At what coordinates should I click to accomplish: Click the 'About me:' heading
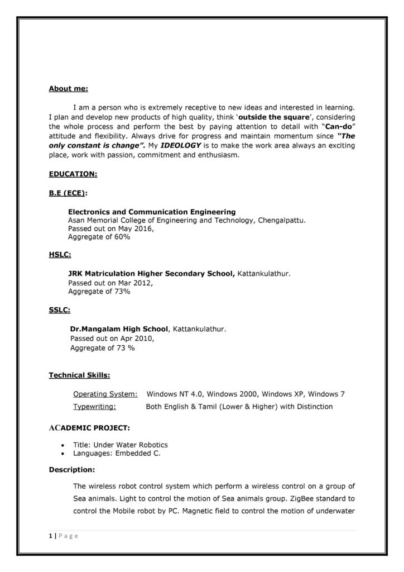point(68,89)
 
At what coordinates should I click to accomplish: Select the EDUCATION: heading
point(73,174)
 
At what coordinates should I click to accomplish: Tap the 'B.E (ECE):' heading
point(68,193)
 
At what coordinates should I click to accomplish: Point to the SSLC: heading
point(59,311)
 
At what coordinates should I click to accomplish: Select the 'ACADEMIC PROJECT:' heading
point(89,428)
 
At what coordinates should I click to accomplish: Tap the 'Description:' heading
point(71,469)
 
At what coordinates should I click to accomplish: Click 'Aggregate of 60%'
point(99,237)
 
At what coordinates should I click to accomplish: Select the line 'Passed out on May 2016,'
point(110,228)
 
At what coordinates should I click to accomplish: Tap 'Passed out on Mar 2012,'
point(110,283)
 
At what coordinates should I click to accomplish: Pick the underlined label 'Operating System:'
point(105,394)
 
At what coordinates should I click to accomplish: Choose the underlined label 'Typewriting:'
point(94,407)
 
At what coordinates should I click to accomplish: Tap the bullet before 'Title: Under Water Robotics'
point(61,445)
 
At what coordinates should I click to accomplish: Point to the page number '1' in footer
point(50,536)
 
